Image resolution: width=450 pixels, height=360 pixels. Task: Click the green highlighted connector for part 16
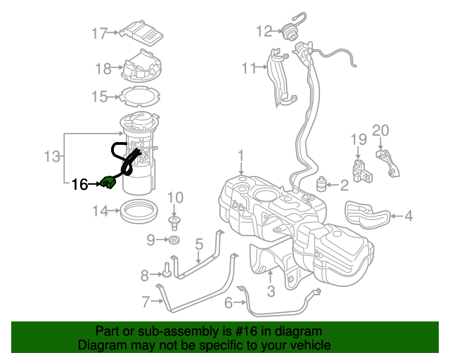coord(109,184)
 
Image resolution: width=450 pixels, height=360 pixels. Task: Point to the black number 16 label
coord(79,185)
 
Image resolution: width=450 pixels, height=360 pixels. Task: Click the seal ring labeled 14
coord(139,210)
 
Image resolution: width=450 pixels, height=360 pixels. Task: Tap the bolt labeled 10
coord(174,223)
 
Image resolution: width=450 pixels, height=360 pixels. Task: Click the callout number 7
coord(146,303)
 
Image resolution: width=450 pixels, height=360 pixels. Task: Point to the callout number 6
coord(228,303)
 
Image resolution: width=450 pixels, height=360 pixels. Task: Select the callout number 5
coord(199,245)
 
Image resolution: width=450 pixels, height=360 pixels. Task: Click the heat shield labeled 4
coord(367,214)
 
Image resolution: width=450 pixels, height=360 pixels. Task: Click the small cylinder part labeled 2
coord(323,186)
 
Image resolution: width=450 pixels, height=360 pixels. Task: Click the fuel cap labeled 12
coord(289,31)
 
